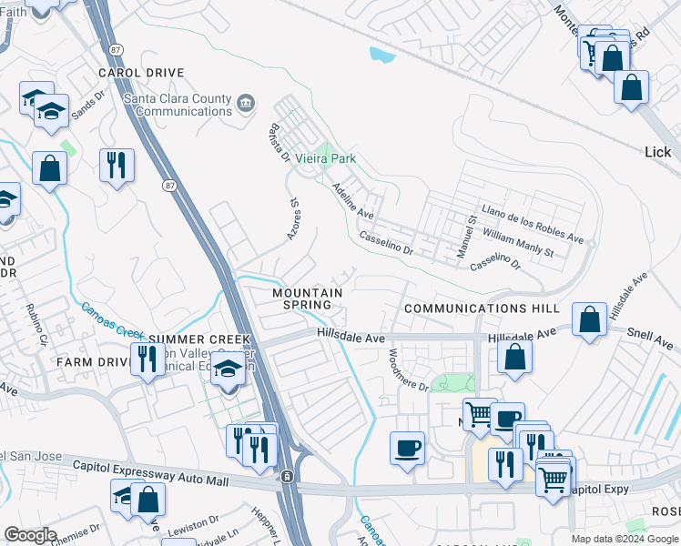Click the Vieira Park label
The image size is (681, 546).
coord(330,158)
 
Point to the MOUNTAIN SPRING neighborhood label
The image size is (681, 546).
coord(308,298)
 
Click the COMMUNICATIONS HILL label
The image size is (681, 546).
coord(482,308)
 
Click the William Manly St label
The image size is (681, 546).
coord(519,242)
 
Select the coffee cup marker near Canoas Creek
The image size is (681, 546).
coord(407,447)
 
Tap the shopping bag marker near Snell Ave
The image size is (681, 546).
coord(591,319)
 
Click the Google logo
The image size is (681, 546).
coord(31,535)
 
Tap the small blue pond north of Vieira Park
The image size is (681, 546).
coord(382,55)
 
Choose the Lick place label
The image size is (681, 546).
coord(656,152)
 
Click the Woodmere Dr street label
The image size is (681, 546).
coord(408,370)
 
